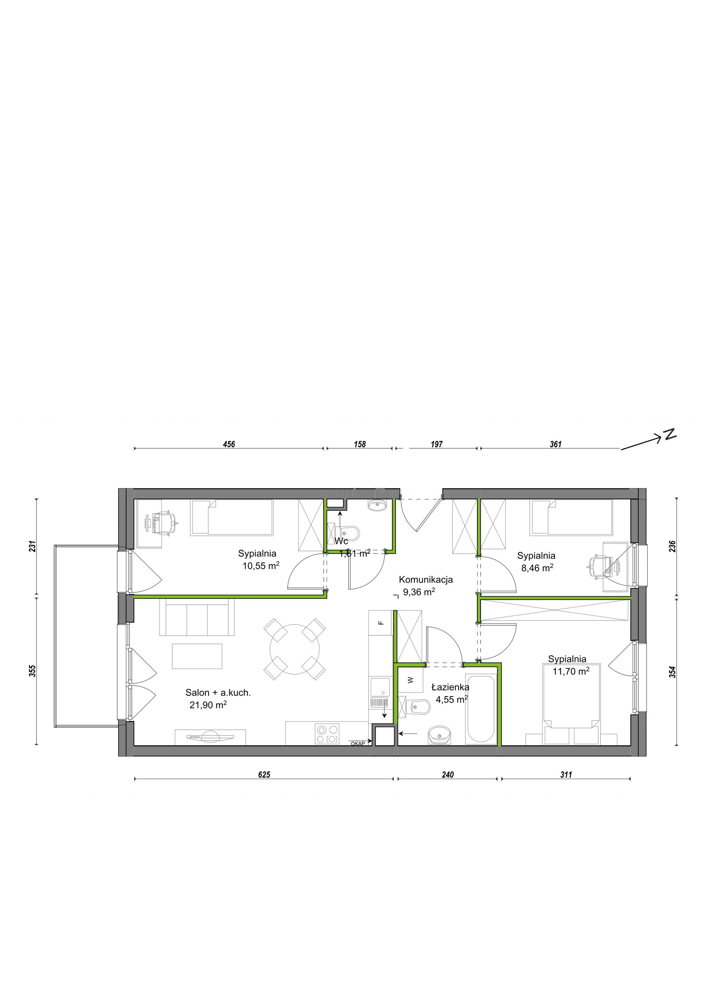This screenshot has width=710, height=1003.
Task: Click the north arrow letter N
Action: tap(671, 434)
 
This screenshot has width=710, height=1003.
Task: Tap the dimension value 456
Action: tap(229, 444)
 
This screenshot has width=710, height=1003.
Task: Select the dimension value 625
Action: tap(264, 775)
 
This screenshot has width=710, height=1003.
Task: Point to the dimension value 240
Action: tap(448, 775)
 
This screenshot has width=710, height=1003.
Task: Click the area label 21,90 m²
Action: tap(208, 705)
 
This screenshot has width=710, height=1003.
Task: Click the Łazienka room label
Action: tap(450, 687)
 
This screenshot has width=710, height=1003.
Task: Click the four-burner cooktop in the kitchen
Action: tap(327, 734)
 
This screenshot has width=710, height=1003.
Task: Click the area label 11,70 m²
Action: tap(571, 671)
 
